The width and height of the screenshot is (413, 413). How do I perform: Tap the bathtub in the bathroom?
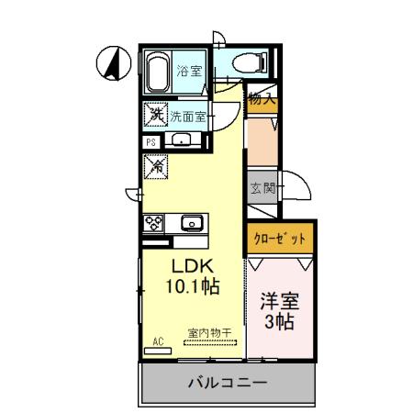157,72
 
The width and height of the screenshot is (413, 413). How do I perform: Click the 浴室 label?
189,71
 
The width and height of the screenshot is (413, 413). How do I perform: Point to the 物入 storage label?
262,99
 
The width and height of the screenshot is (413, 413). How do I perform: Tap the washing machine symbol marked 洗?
154,117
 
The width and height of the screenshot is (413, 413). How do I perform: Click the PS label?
151,141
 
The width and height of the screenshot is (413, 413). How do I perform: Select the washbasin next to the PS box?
181,140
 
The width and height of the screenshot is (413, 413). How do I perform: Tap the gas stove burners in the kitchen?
152,223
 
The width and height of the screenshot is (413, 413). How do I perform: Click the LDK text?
192,266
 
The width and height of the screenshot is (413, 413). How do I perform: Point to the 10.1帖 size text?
192,286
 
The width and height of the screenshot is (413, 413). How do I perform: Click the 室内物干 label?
209,331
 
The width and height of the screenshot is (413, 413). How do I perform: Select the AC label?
157,341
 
